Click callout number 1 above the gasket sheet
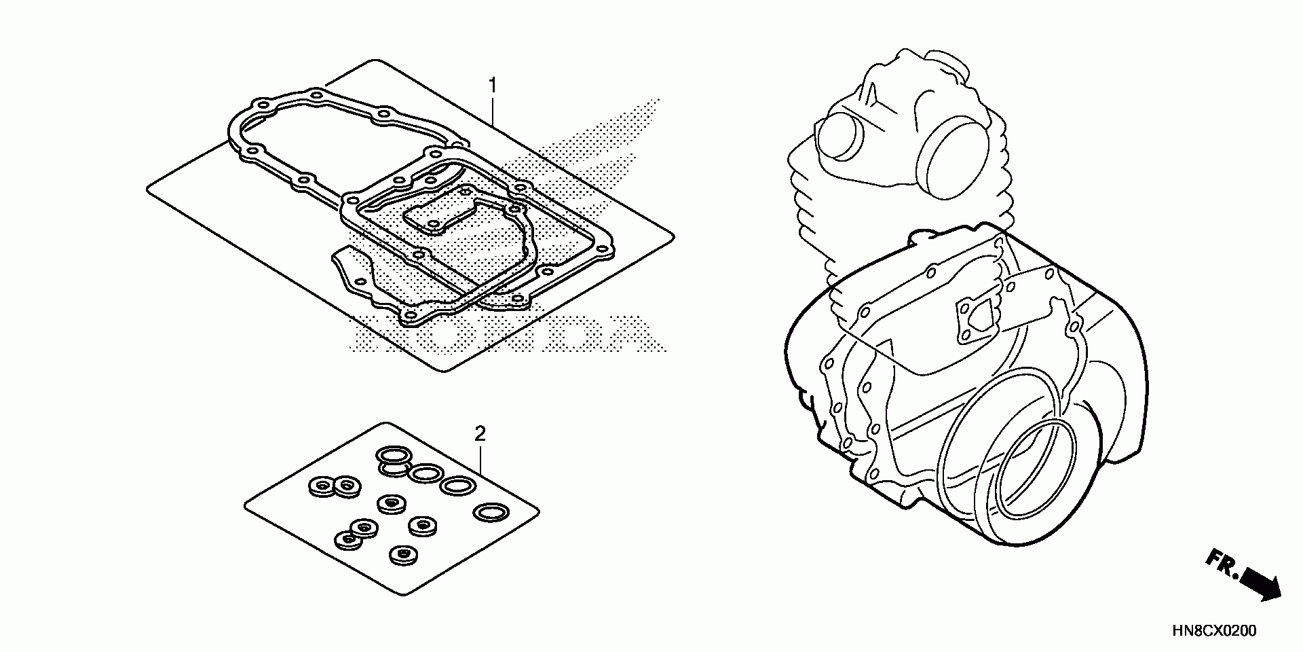coord(493,86)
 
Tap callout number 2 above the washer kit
coord(480,433)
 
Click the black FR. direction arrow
coord(1260,585)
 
